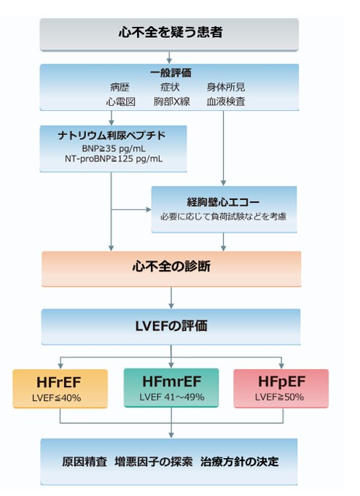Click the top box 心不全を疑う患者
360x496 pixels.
pyautogui.click(x=169, y=34)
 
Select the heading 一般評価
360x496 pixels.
pyautogui.click(x=171, y=73)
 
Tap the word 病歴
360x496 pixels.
pyautogui.click(x=120, y=87)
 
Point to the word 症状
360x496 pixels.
pyautogui.click(x=170, y=87)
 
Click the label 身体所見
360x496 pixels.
pyautogui.click(x=226, y=87)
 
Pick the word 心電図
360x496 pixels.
pyautogui.click(x=120, y=101)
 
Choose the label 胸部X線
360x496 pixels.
pyautogui.click(x=172, y=101)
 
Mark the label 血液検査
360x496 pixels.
pyautogui.click(x=226, y=101)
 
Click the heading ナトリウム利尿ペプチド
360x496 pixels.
pyautogui.click(x=111, y=136)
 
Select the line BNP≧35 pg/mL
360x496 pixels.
pyautogui.click(x=114, y=148)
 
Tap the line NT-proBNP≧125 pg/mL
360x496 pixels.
pyautogui.click(x=114, y=158)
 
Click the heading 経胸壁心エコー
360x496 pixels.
pyautogui.click(x=223, y=202)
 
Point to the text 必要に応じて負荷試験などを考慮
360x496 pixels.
pyautogui.click(x=223, y=217)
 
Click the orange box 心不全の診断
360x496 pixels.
pyautogui.click(x=171, y=269)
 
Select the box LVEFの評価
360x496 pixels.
pyautogui.click(x=171, y=327)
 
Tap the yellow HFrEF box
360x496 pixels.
pyautogui.click(x=60, y=389)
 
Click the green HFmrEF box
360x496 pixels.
pyautogui.click(x=171, y=387)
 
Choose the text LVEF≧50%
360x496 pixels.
pyautogui.click(x=279, y=397)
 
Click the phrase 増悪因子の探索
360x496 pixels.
pyautogui.click(x=154, y=462)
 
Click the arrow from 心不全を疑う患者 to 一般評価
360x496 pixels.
pyautogui.click(x=169, y=58)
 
